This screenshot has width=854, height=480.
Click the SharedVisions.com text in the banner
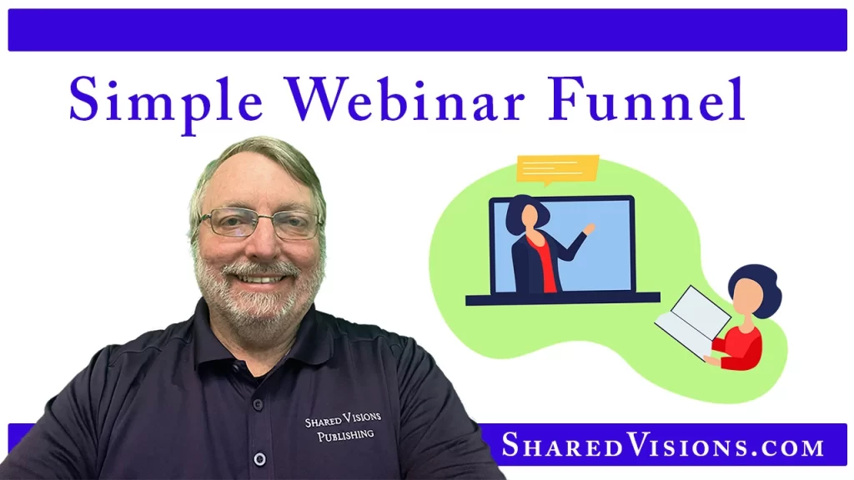[662, 446]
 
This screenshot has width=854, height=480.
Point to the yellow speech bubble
[556, 167]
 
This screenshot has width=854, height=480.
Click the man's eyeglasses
[260, 222]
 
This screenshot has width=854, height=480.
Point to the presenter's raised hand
[590, 227]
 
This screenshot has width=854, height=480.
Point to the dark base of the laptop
[562, 298]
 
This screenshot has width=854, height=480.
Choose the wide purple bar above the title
[427, 30]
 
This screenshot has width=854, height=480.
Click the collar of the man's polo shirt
[200, 329]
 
